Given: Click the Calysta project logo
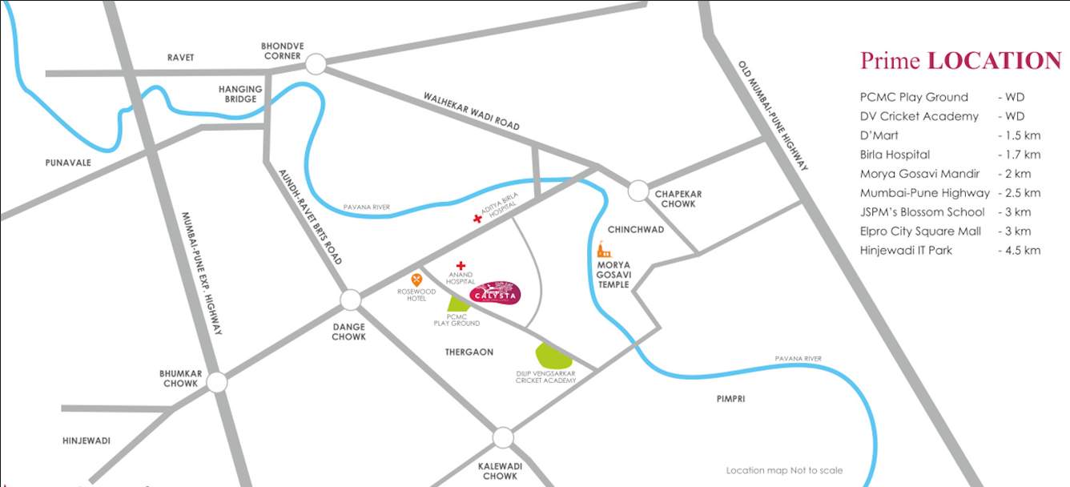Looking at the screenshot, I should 495,293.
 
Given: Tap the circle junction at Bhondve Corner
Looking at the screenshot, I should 316,64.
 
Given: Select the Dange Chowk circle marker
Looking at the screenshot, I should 350,300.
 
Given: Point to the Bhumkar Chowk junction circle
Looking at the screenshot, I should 216,382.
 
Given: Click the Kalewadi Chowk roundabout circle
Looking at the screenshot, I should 502,437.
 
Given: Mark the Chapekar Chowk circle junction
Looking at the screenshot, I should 638,191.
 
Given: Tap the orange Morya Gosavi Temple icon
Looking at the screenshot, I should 603,250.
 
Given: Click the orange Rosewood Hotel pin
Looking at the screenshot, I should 416,280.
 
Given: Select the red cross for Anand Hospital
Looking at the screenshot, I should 461,265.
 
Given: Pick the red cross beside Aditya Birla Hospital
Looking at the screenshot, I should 478,218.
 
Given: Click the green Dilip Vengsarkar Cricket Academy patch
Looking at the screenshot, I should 553,355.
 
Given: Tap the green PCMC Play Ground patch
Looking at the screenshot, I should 459,304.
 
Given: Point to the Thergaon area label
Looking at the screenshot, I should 469,352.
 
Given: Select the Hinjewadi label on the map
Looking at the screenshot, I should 86,441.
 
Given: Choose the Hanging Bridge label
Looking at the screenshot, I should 240,94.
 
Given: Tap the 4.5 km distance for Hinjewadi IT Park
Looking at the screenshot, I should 1019,251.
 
